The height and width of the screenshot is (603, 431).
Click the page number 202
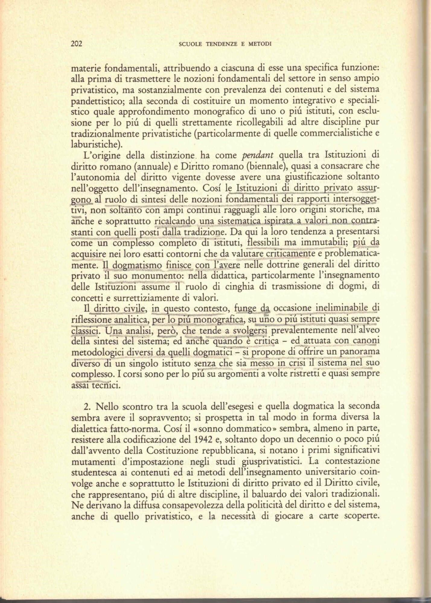pos(77,44)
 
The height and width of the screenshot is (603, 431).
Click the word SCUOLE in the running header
pos(190,44)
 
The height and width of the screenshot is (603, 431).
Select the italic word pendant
pos(258,155)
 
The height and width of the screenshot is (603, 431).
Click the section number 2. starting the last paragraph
pos(88,407)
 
